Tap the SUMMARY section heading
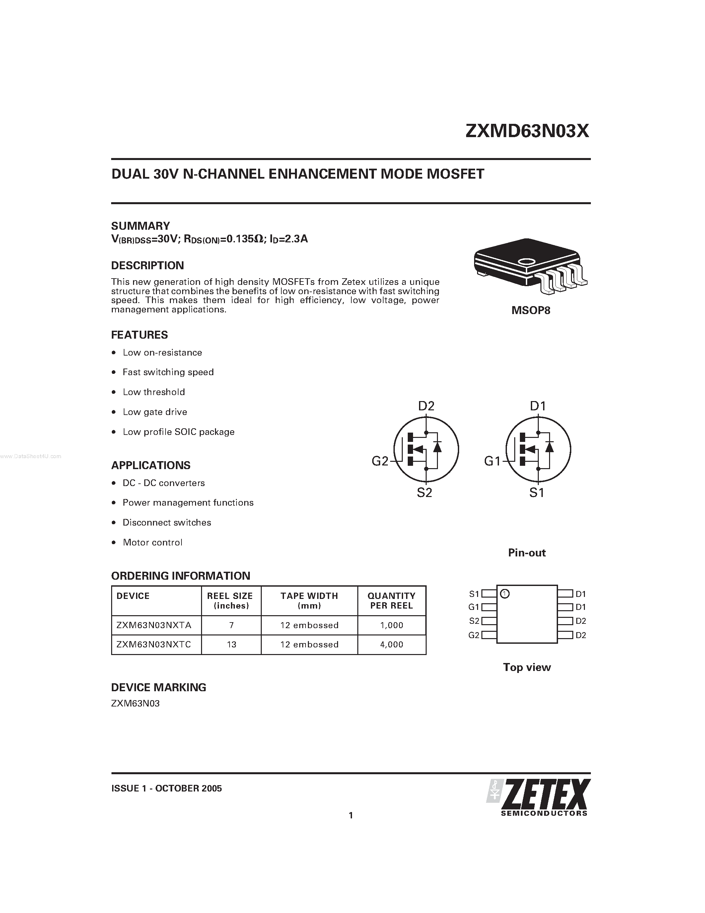point(140,226)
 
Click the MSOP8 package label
point(531,311)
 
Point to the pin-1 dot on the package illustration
point(526,262)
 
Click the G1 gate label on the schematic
point(492,461)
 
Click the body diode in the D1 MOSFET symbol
point(550,447)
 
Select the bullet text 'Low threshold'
point(154,392)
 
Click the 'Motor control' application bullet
point(152,542)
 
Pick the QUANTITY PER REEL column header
point(391,601)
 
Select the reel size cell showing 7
point(231,625)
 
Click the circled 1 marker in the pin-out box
point(505,594)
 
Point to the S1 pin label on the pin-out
point(474,594)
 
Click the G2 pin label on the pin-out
point(474,635)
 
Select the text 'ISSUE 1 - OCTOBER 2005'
point(166,788)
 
